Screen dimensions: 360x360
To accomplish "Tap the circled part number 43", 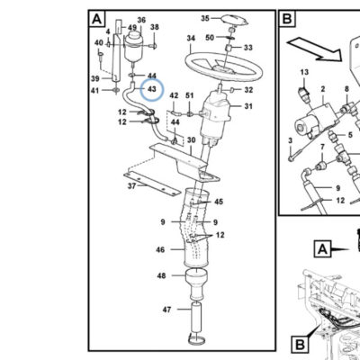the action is click(x=152, y=89).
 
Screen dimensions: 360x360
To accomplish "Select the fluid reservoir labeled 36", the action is click(x=134, y=46).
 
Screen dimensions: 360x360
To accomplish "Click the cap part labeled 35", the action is click(x=235, y=20).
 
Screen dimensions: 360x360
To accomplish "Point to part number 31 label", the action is click(x=248, y=106).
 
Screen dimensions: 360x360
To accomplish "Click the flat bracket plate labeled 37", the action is click(x=152, y=184).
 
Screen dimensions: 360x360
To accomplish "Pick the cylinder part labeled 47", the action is click(x=196, y=318).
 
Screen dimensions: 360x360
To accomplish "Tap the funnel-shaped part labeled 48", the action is click(x=196, y=283).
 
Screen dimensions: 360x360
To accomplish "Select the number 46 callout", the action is click(x=160, y=249).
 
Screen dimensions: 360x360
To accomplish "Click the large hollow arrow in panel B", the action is click(x=314, y=49).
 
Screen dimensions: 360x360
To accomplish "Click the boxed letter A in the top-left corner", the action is click(x=97, y=19).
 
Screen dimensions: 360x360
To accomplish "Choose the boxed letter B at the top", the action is click(x=287, y=19).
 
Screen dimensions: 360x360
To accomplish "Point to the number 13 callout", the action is click(x=304, y=72).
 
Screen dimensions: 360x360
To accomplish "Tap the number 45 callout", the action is click(x=219, y=202).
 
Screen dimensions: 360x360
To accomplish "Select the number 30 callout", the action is click(x=191, y=140).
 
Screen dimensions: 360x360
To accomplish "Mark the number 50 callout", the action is click(x=210, y=38).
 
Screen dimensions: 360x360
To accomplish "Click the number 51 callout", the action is click(x=190, y=95).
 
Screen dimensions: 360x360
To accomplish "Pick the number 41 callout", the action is click(x=95, y=90).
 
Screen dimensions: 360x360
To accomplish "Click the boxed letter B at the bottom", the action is click(x=300, y=345).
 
